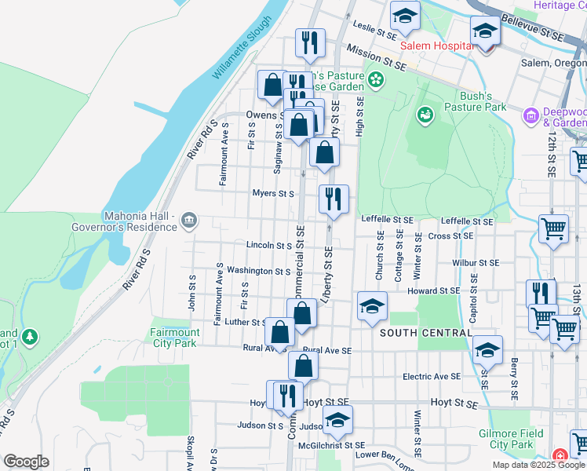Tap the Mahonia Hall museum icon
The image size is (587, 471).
pos(188,221)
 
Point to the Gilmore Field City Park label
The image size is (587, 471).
pos(511,439)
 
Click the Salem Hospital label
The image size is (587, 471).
pos(436,46)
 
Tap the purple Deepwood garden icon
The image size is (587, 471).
pos(531,115)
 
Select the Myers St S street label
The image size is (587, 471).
pos(272,193)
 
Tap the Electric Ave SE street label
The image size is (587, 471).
pos(431,377)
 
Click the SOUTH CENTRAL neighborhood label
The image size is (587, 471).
pos(425,333)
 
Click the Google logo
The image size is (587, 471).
pos(26,462)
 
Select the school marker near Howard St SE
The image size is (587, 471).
pos(372,306)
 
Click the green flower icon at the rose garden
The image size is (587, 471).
pos(376,79)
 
